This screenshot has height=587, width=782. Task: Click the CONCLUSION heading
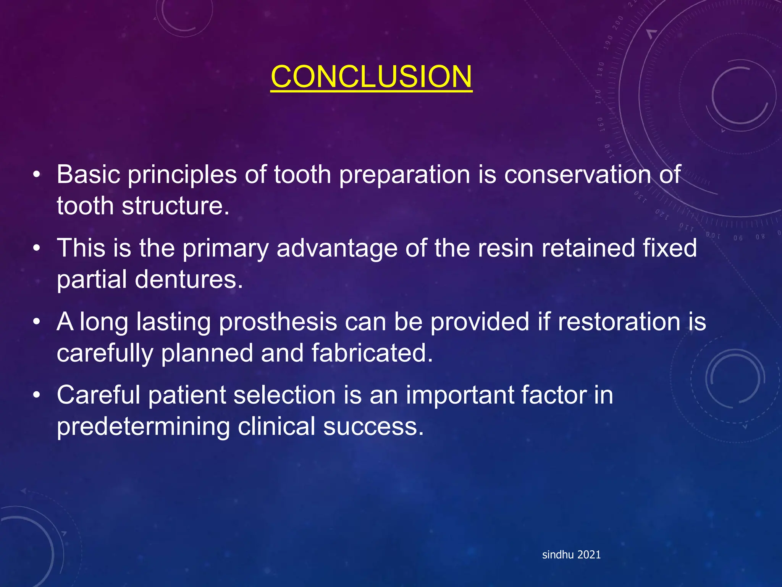(x=371, y=76)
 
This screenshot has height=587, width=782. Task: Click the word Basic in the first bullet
(x=89, y=175)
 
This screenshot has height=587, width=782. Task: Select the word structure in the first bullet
(x=175, y=206)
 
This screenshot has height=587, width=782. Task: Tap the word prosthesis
(x=278, y=322)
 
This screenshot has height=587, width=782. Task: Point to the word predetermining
(x=143, y=427)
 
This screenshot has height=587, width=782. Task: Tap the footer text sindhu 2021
(x=571, y=555)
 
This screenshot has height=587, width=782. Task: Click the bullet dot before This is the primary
(x=36, y=248)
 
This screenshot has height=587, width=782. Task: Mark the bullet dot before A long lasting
(x=36, y=322)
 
